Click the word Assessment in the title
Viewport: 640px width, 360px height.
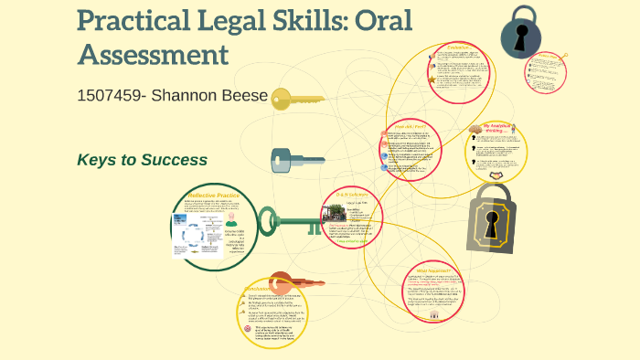(x=153, y=54)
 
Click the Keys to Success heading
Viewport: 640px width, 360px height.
(x=142, y=160)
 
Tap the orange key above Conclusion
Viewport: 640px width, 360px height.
(x=293, y=281)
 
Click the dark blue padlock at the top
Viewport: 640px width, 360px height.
(x=521, y=34)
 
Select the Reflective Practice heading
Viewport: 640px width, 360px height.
(x=215, y=196)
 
